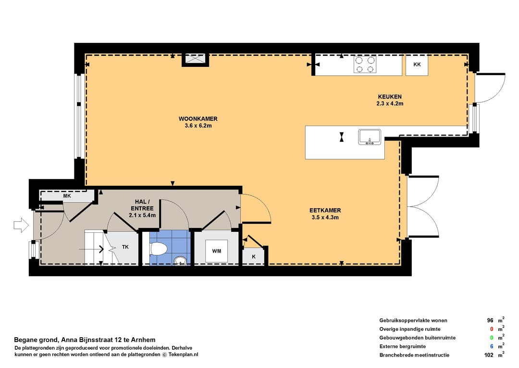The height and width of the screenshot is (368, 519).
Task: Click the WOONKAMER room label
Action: pos(198,119)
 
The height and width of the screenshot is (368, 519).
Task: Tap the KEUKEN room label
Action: pos(390,97)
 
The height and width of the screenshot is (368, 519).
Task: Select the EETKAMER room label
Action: pos(325,210)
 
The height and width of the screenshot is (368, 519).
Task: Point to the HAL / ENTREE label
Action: pos(142,205)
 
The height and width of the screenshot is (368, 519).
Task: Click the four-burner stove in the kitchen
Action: pos(364,64)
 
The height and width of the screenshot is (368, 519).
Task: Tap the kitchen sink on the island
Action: pos(370,137)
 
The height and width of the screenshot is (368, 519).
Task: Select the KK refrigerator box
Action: pos(417,64)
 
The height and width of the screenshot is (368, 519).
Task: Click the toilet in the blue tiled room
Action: pos(158,249)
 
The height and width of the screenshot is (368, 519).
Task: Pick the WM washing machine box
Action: pos(216,251)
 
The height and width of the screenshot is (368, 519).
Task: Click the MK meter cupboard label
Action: pos(67,196)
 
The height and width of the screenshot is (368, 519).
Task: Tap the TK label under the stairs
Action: pos(125,247)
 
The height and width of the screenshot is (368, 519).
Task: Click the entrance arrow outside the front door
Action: pos(21,225)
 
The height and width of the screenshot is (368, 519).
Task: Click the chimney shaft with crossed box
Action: pos(195,59)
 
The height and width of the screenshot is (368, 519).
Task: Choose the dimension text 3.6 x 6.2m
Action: pos(198,126)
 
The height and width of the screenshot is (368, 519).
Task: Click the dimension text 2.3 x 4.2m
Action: pos(390,103)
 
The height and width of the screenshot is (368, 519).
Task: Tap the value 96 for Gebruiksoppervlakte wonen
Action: pos(490,320)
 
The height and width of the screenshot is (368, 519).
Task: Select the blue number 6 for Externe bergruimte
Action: pos(492,346)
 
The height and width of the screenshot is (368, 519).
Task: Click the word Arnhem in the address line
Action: pos(143,340)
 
